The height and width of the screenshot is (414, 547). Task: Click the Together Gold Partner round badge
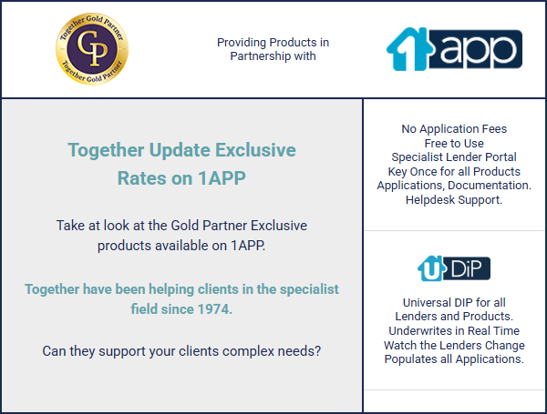[x=92, y=49]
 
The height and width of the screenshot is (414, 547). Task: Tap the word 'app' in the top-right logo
[x=478, y=50]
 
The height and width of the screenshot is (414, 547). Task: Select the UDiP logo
[x=454, y=268]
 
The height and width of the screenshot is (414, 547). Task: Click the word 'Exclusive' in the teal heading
[x=255, y=150]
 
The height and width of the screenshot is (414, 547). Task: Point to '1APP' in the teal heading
[x=222, y=178]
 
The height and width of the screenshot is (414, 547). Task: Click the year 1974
[x=215, y=309]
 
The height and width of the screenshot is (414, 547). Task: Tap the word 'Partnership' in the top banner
[x=261, y=56]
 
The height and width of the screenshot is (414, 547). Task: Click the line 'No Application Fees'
[x=454, y=129]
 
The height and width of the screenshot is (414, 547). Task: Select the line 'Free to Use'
[x=454, y=143]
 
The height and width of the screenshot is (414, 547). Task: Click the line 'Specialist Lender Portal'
[x=454, y=157]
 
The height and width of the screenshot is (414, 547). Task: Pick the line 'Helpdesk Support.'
[x=454, y=200]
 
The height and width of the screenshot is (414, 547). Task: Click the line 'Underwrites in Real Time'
[x=454, y=331]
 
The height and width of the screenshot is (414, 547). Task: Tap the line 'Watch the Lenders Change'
[x=454, y=345]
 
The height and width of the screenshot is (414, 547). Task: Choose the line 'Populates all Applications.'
[x=454, y=359]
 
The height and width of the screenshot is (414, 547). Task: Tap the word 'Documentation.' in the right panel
[x=490, y=186]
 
